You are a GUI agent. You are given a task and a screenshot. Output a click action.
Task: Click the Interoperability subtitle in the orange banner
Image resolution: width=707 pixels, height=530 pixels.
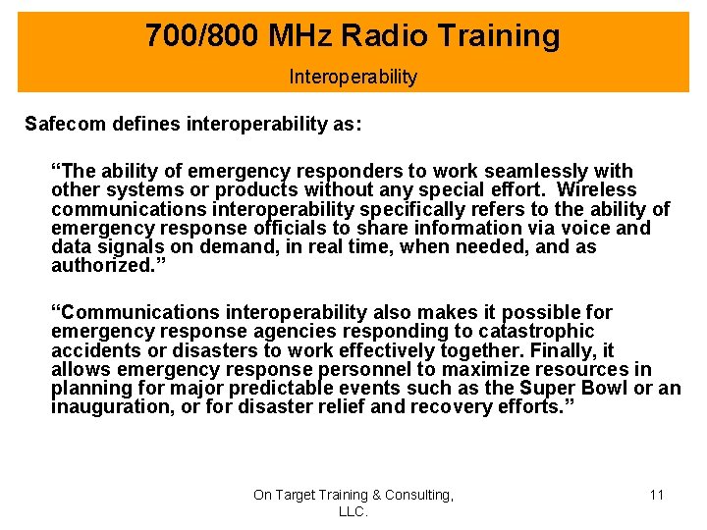point(353,77)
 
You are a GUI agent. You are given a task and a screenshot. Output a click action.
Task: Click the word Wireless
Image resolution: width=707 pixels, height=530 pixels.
point(596,190)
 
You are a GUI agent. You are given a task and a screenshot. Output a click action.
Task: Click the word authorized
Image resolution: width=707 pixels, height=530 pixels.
point(97,266)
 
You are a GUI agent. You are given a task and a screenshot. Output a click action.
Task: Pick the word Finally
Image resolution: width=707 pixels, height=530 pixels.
point(563,350)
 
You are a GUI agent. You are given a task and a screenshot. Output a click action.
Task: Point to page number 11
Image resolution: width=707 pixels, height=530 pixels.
point(657,495)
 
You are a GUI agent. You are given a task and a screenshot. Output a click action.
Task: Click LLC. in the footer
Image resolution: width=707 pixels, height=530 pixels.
point(353,511)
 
